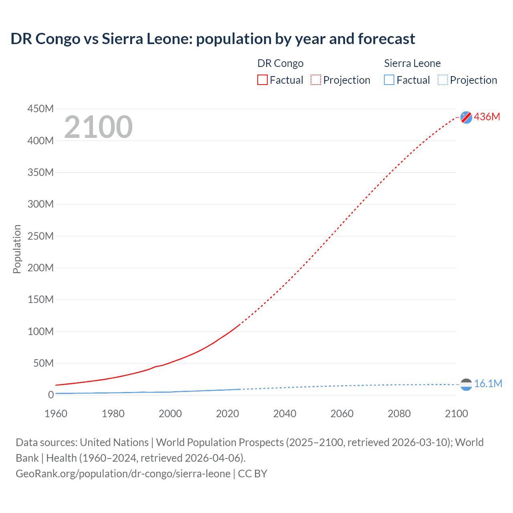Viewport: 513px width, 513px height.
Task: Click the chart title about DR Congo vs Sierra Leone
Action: [x=212, y=39]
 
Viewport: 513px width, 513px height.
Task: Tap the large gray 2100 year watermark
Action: [x=98, y=127]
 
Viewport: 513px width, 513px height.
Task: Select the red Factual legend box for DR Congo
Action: [x=263, y=80]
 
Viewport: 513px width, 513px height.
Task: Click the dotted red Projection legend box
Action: [x=316, y=80]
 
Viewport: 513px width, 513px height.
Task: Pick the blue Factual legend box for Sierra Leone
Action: [x=389, y=80]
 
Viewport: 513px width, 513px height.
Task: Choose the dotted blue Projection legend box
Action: [x=443, y=80]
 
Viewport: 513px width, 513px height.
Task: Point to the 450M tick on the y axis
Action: [x=40, y=109]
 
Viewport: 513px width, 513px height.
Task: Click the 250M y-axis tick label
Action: [x=40, y=236]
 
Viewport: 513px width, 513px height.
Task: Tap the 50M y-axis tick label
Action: [x=43, y=363]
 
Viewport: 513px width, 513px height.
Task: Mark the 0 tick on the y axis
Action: [x=51, y=395]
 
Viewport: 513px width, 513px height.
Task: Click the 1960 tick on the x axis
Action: [x=56, y=414]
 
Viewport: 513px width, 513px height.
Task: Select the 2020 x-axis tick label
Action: [x=227, y=414]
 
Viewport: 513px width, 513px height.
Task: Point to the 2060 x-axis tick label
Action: [x=342, y=414]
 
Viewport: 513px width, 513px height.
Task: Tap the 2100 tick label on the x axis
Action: [x=456, y=414]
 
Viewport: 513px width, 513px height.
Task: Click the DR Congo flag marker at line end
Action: [x=466, y=117]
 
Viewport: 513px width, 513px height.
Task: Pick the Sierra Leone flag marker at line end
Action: [x=466, y=385]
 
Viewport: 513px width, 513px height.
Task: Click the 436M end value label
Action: [x=487, y=117]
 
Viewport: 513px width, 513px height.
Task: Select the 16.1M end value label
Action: [x=488, y=384]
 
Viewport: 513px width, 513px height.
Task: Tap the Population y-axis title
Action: [x=17, y=249]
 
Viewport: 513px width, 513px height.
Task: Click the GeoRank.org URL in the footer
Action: [x=123, y=474]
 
